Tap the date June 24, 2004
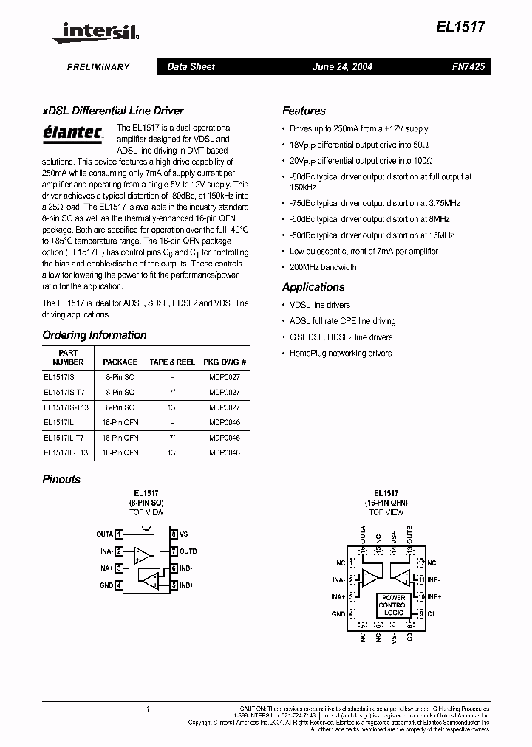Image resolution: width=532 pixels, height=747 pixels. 343,66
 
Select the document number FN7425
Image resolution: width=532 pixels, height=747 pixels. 468,66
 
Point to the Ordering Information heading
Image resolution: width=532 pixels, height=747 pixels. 95,335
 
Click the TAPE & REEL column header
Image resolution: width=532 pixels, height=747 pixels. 172,362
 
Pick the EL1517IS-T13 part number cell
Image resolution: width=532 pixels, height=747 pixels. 66,407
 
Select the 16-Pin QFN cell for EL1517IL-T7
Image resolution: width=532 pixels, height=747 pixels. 120,437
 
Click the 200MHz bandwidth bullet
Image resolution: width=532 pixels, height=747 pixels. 323,267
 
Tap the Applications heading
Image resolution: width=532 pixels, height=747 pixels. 313,287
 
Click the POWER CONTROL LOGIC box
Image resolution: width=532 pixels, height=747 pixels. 394,605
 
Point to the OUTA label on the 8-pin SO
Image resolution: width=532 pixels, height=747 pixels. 105,534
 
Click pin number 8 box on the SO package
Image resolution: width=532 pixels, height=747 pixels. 174,534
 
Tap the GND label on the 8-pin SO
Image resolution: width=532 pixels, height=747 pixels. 106,585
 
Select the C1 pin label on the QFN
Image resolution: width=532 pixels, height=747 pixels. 432,613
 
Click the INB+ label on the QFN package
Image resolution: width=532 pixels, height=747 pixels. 434,596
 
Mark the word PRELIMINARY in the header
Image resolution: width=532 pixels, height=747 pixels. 98,67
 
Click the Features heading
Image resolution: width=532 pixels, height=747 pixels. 304,111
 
